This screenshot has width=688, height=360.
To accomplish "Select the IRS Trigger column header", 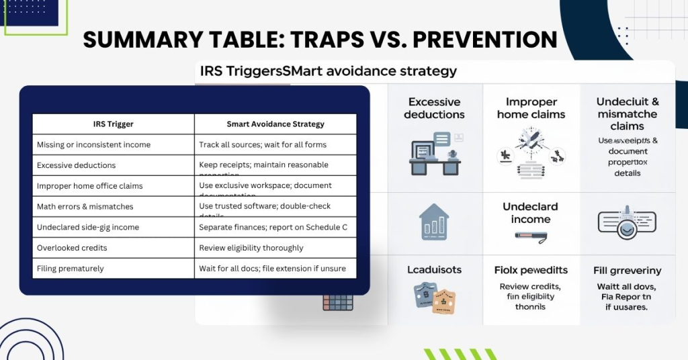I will tap(113, 124).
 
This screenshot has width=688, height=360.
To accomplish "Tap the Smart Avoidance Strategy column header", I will tap(275, 124).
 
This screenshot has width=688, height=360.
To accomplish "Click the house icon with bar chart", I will tap(434, 222).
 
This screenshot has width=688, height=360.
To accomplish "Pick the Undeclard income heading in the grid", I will tap(530, 213).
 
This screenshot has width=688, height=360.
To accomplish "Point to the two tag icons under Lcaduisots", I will tap(434, 299).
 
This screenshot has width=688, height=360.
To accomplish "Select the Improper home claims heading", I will tap(531, 108).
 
